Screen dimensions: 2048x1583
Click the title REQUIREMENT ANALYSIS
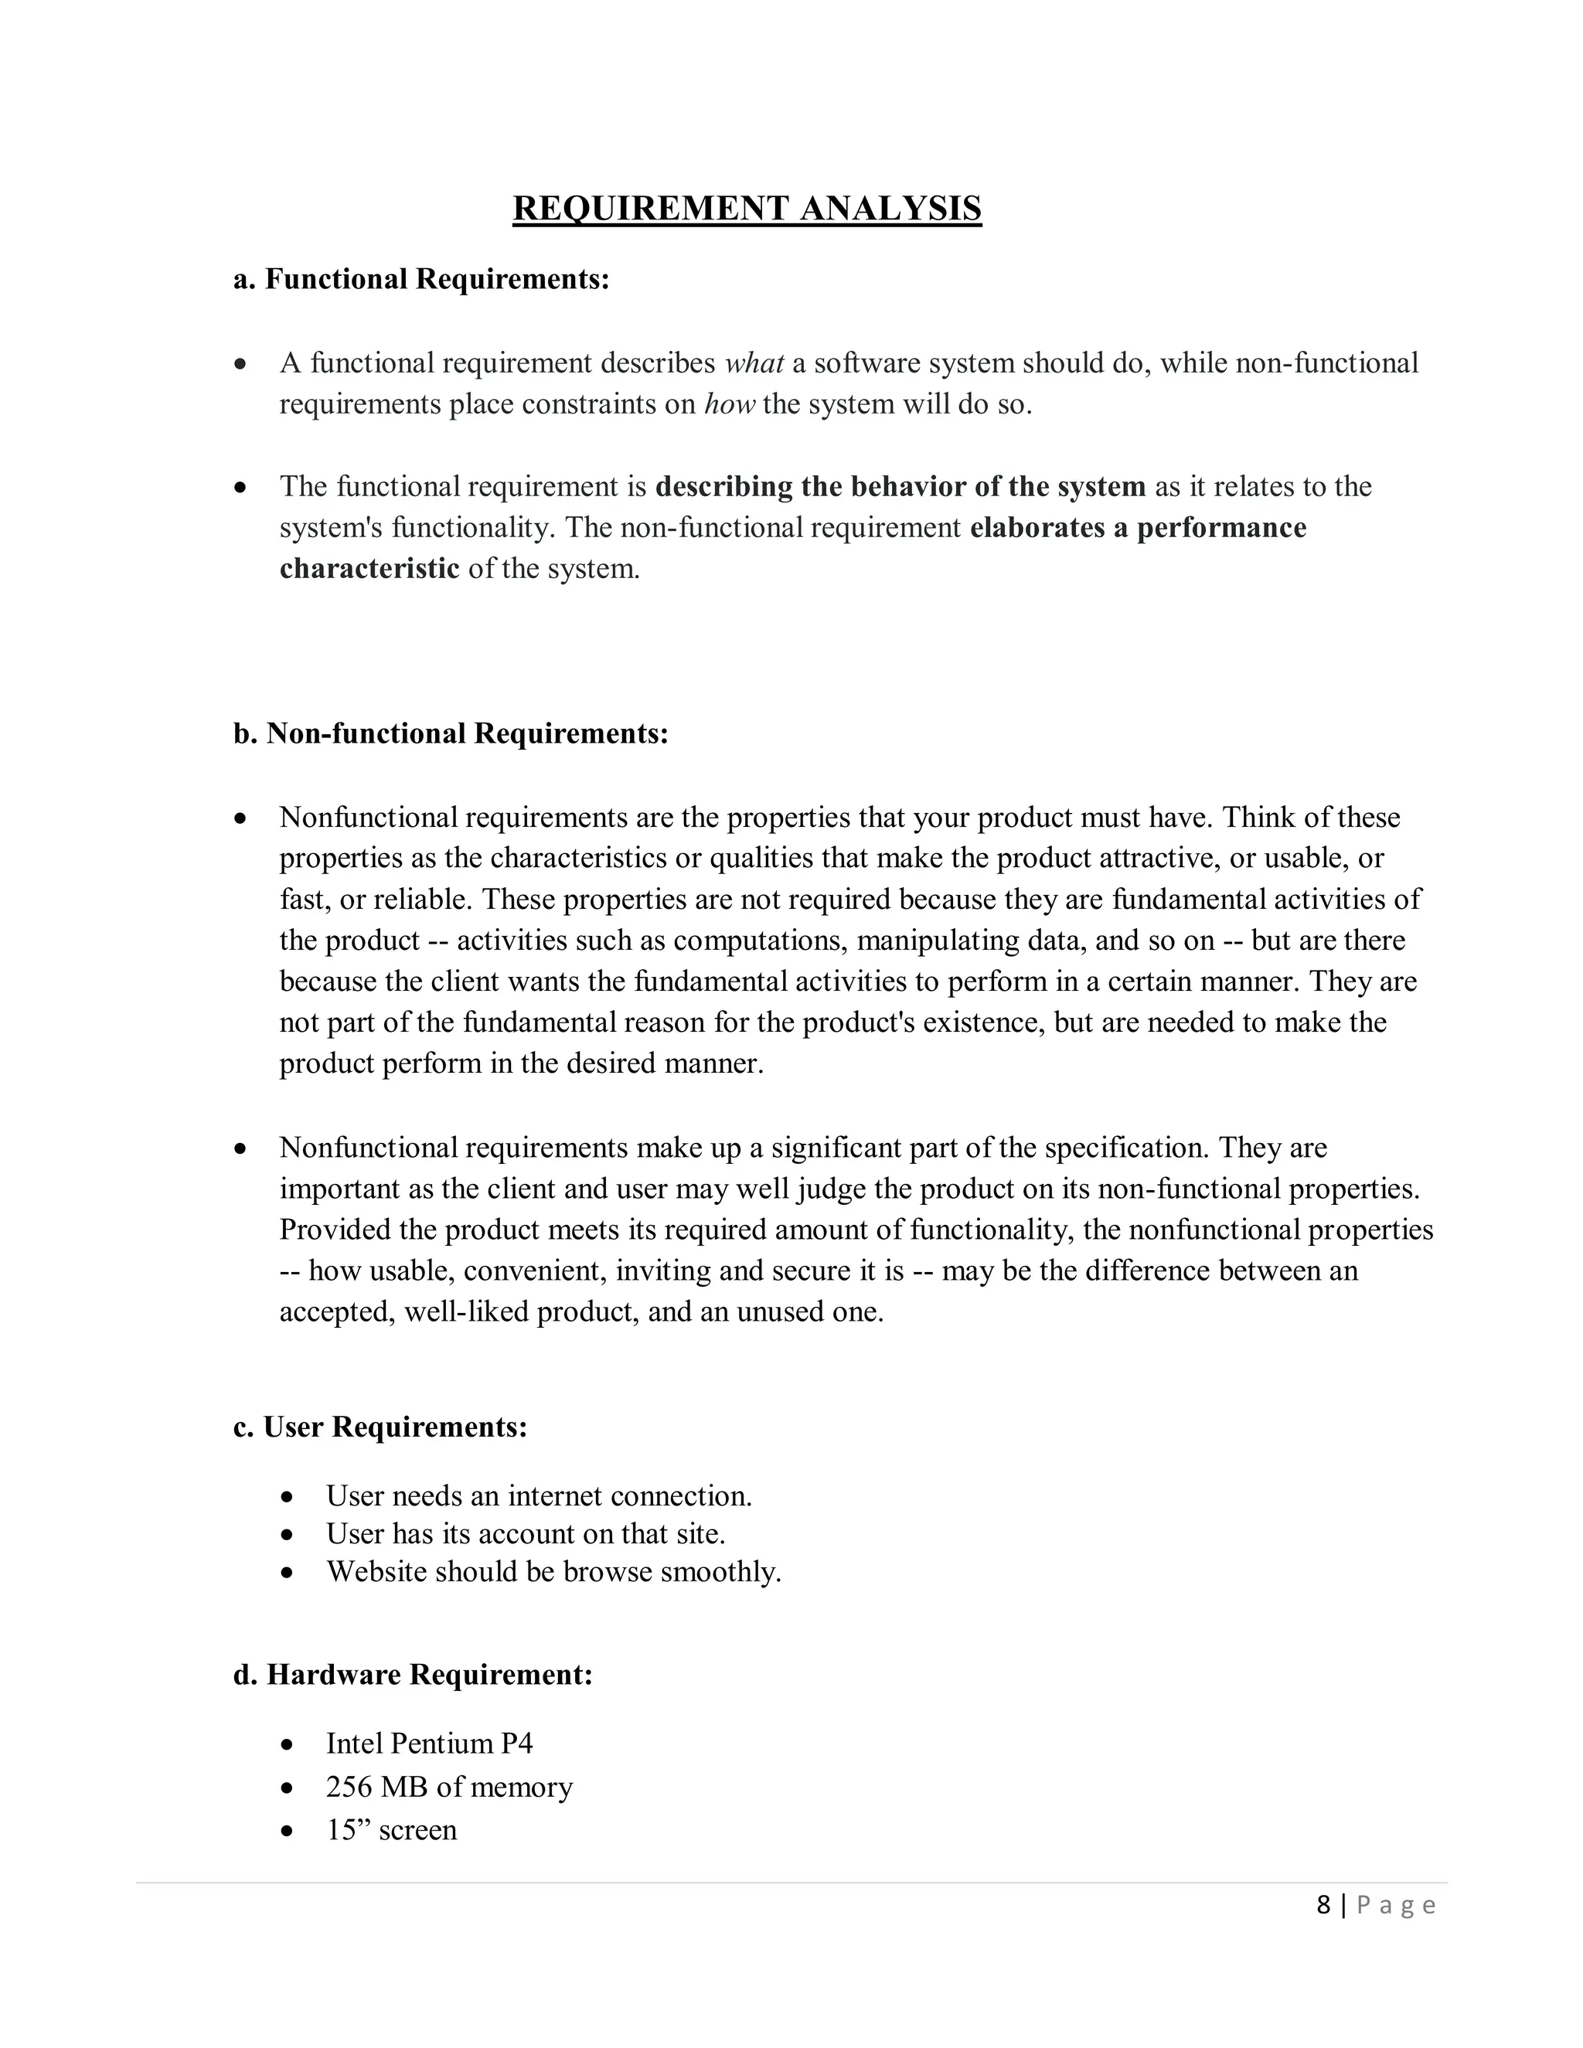click(x=747, y=208)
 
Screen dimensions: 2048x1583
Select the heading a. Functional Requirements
click(x=421, y=280)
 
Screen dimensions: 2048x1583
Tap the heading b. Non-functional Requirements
click(x=450, y=733)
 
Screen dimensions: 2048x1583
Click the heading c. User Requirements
click(x=380, y=1427)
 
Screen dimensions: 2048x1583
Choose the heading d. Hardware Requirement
click(x=413, y=1675)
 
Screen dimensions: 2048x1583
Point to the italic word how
click(x=730, y=404)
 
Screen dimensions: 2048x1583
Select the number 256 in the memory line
click(x=349, y=1788)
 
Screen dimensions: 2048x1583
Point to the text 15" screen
click(x=391, y=1829)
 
